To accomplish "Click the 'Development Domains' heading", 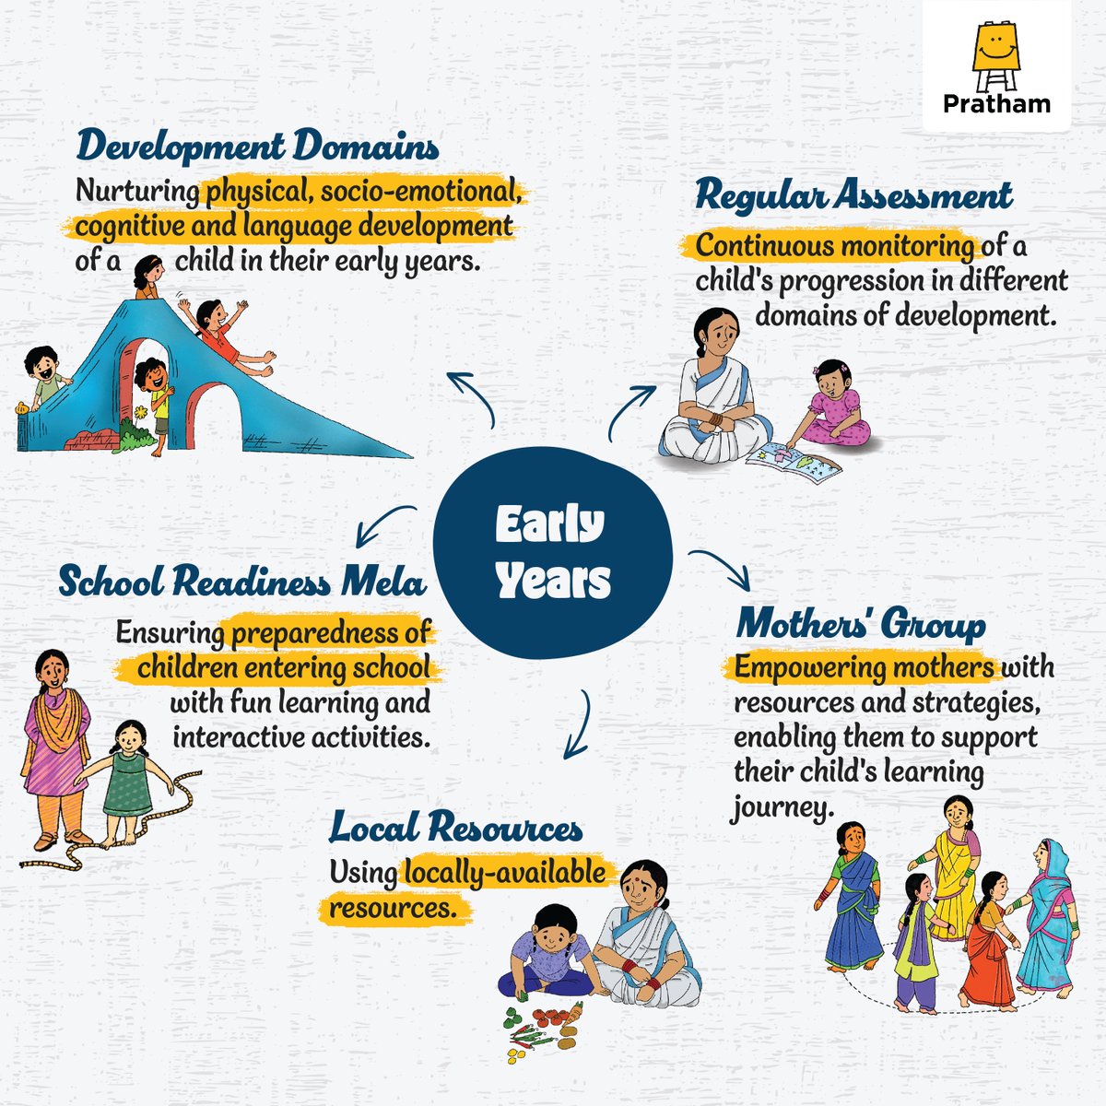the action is pos(257,147).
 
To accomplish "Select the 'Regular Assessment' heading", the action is pos(853,196).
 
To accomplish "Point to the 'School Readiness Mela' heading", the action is pos(242,582).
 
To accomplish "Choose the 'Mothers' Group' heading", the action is pos(861,625).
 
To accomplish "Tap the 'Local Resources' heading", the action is pos(456,828).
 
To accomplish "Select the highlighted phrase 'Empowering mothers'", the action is pos(864,666).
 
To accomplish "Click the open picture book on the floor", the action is pos(794,458).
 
